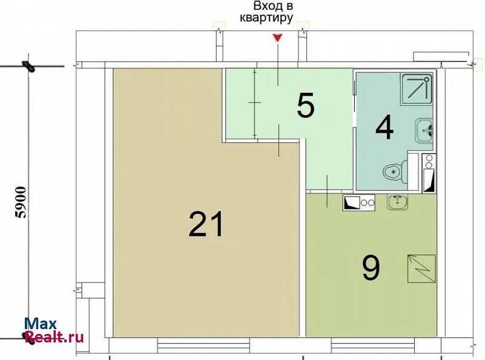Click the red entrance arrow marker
coord(278,38)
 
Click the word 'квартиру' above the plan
coord(266,18)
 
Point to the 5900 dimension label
coord(21,202)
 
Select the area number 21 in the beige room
coord(206,224)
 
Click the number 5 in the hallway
coord(306,105)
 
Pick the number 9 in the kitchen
coord(371,268)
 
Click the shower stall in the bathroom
coord(416,88)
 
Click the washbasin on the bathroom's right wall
coord(424,130)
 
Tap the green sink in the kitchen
coord(398,202)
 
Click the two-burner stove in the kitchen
coord(359,202)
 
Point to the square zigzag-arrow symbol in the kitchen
coord(421,268)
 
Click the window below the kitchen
coord(373,345)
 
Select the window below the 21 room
coord(203,345)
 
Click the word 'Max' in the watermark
coord(41,324)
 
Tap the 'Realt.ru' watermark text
coord(55,337)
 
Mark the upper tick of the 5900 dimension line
coord(28,66)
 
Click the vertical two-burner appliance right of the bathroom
coord(429,173)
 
